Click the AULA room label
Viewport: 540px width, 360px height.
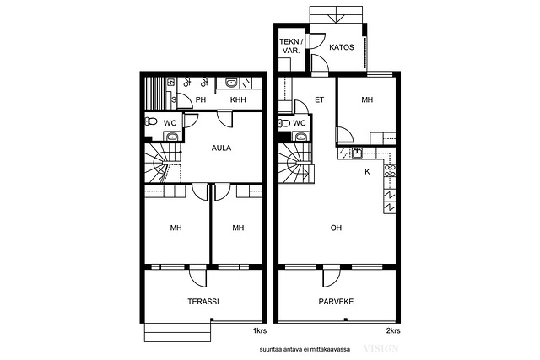(x=221, y=148)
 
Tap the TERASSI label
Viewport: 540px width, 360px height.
(x=203, y=302)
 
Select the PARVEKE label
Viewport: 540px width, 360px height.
(x=336, y=302)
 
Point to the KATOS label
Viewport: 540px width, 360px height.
(x=341, y=47)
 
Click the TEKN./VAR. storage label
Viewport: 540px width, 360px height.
(x=292, y=46)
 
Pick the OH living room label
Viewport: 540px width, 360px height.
(x=336, y=228)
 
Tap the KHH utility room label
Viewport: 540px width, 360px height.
(x=238, y=99)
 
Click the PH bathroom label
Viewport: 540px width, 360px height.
(x=201, y=99)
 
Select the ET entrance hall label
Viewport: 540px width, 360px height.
(x=319, y=99)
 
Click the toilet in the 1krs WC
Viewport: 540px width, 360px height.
(x=151, y=121)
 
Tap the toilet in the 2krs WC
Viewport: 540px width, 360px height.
(x=284, y=122)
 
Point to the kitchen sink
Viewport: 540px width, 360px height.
(x=357, y=152)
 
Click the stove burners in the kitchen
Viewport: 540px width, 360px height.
(x=390, y=171)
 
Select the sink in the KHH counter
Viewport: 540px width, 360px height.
(x=231, y=83)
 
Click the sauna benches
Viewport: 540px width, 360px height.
(x=155, y=93)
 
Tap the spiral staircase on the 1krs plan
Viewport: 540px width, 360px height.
(x=163, y=163)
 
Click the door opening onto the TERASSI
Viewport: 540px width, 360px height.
(x=198, y=277)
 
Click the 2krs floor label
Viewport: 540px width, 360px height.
(x=393, y=331)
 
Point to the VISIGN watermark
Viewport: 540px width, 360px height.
(x=381, y=349)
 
